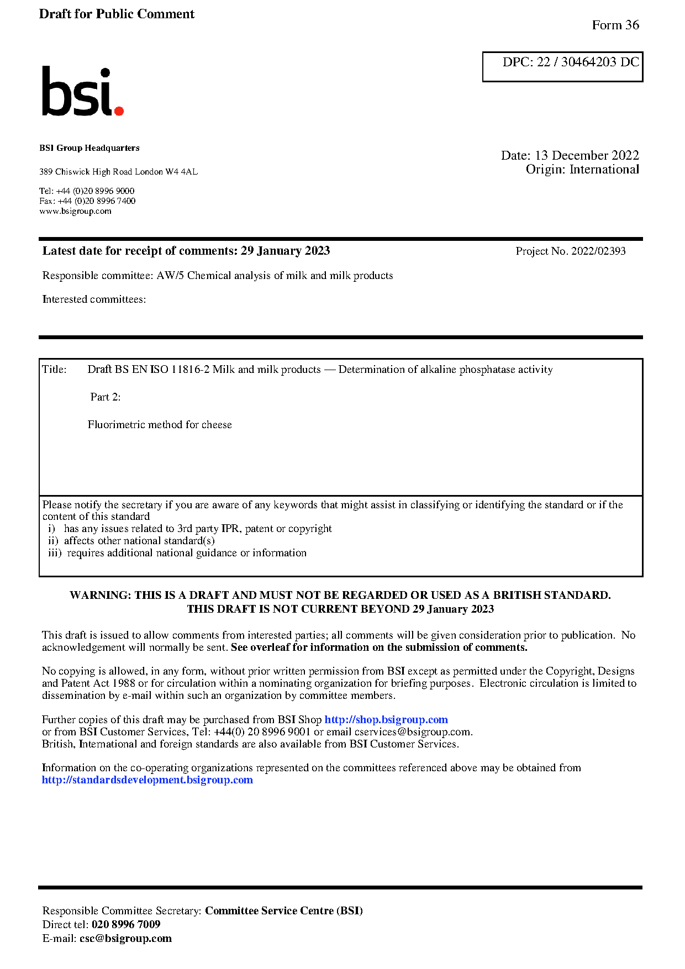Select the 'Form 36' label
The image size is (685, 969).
615,25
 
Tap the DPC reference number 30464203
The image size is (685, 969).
588,62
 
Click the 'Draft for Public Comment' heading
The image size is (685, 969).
117,14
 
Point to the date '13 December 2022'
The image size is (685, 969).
587,155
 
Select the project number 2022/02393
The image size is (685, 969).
598,251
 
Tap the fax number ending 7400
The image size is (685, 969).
97,201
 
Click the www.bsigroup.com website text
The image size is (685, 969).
75,211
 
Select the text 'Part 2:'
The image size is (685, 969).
106,397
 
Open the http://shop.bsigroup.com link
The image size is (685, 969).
386,720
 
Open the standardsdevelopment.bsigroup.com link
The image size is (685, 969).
147,780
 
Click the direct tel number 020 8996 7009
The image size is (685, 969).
126,924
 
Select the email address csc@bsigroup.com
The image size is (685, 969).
125,938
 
